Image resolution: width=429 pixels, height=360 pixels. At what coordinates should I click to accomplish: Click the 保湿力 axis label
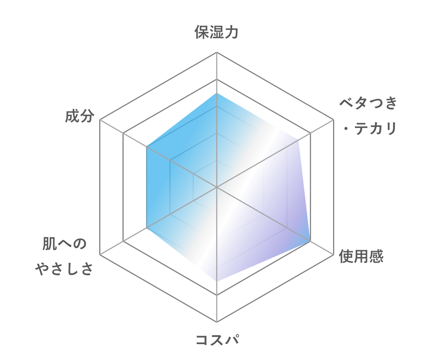tap(217, 32)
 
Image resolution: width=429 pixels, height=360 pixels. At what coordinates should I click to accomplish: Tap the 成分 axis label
tap(80, 116)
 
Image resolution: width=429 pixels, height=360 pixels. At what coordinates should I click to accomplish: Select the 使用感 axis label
tap(361, 256)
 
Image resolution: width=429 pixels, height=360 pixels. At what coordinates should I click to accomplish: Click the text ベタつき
tap(368, 103)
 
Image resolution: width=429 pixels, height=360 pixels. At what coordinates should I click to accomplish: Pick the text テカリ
tap(376, 129)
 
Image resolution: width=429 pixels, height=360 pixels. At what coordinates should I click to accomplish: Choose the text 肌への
tap(65, 243)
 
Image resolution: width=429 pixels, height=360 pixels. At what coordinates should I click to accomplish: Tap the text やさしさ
tap(64, 269)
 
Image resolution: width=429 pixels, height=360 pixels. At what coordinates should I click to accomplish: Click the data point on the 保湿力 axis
tap(217, 93)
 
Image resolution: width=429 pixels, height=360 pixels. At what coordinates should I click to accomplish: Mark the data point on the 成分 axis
tap(147, 147)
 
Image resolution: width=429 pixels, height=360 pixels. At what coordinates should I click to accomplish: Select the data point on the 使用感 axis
tap(310, 241)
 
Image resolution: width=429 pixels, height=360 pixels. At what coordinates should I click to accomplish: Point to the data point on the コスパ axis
tap(217, 281)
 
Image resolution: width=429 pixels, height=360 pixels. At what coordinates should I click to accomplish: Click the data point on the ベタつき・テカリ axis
tap(298, 140)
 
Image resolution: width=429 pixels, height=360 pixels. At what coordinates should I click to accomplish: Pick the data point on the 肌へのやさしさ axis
tap(147, 228)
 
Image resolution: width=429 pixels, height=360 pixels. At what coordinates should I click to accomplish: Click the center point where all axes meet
tap(217, 187)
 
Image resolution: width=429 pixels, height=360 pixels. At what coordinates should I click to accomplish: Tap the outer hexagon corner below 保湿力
tap(217, 52)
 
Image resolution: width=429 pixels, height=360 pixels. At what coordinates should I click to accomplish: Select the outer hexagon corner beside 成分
tap(100, 120)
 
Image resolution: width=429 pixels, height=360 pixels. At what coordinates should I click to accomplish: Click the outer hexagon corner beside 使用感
tap(333, 255)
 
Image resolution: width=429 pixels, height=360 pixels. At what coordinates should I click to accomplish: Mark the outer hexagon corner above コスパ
tap(217, 322)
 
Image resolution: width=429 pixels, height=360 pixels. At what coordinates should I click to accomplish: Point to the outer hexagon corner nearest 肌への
tap(100, 255)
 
